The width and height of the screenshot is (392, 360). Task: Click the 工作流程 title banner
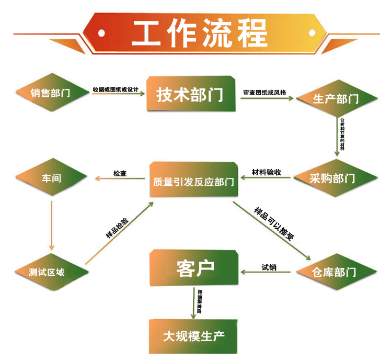click(x=196, y=32)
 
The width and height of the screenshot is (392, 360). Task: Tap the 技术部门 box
click(x=190, y=95)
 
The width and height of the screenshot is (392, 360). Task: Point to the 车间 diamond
click(x=51, y=178)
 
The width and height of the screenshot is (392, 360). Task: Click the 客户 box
click(x=194, y=269)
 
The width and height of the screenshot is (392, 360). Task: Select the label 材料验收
click(x=267, y=172)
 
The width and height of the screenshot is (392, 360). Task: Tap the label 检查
click(x=120, y=173)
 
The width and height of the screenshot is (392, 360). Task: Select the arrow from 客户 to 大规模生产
click(x=194, y=302)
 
